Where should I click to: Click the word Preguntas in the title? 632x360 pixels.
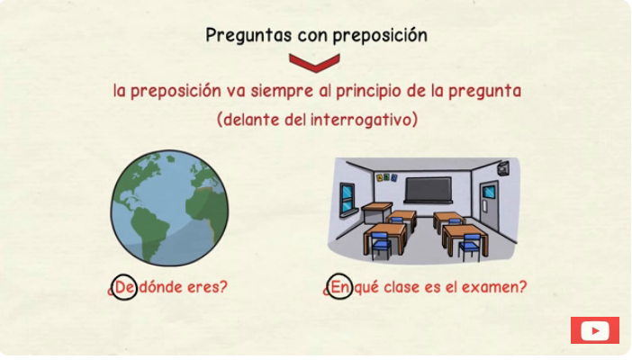248,36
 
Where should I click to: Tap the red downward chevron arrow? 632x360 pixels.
314,63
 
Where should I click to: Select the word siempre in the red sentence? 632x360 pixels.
282,91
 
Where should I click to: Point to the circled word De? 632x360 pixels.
124,287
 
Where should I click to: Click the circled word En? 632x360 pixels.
339,287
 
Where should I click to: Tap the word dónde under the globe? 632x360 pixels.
160,287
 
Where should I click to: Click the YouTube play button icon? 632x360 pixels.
595,330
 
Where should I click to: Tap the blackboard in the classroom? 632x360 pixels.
428,190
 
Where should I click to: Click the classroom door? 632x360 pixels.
489,206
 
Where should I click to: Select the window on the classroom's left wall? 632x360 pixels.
347,198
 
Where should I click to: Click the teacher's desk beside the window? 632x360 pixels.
377,212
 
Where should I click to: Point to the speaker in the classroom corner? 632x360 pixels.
503,168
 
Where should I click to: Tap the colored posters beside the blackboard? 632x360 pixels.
386,177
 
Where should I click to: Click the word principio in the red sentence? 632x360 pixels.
368,92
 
